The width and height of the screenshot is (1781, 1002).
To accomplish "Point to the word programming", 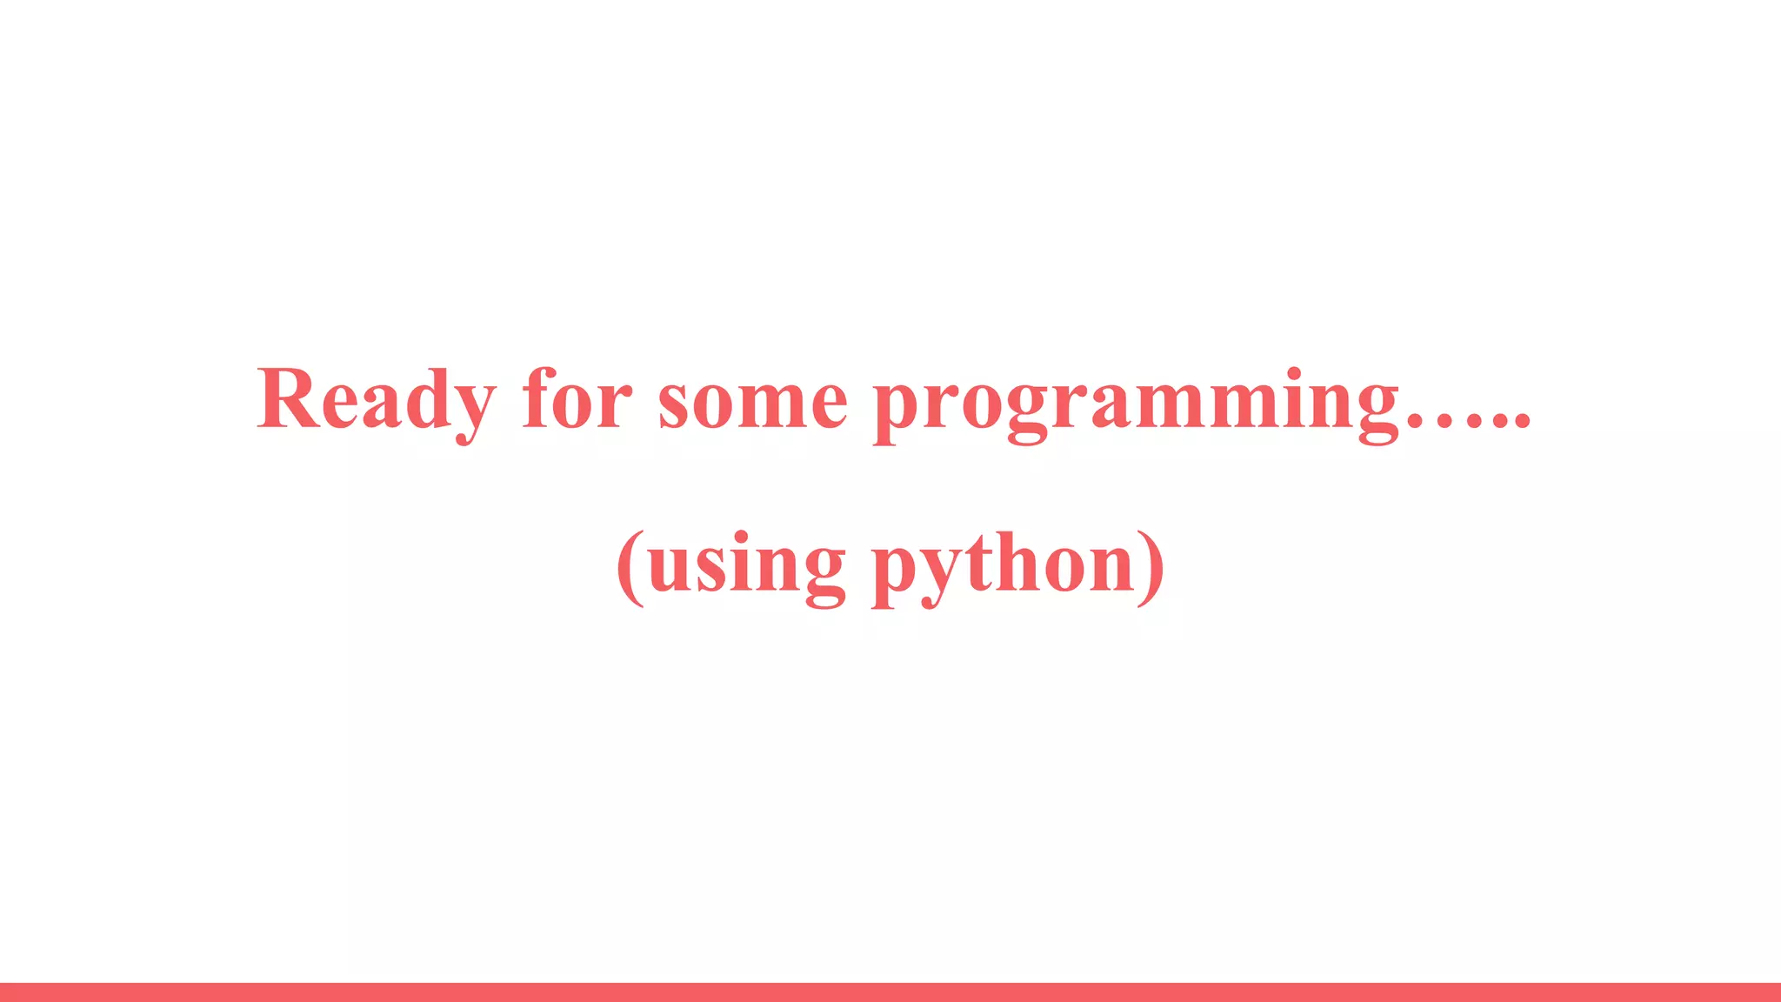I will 1135,404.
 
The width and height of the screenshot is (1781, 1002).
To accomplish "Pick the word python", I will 1004,565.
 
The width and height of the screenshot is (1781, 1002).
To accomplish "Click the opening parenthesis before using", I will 630,567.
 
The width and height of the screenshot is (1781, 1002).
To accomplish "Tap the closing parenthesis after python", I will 1151,567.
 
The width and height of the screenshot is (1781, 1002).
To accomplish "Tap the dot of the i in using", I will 740,536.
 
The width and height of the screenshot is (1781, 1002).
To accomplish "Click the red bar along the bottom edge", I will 890,992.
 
